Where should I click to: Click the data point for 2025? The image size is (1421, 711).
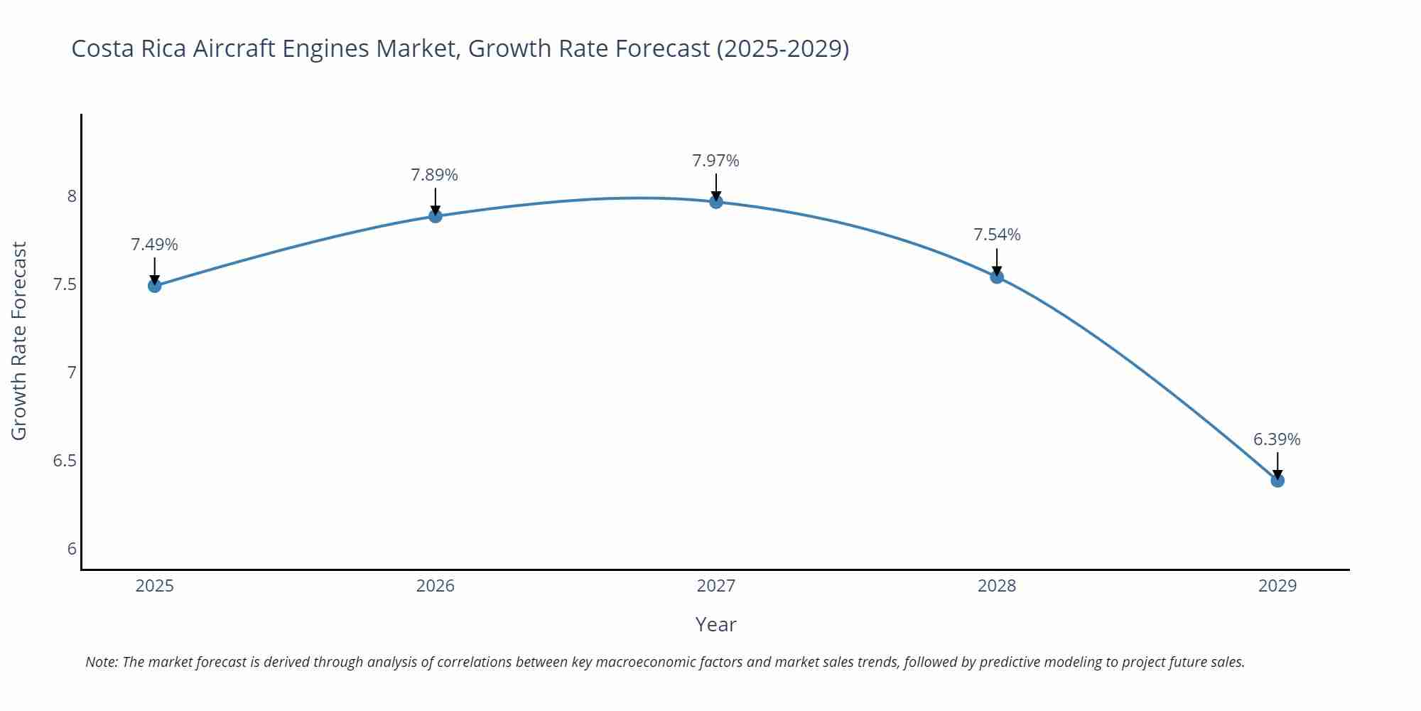coord(154,286)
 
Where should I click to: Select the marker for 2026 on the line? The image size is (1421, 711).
coord(436,215)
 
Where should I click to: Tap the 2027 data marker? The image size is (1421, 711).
coord(716,202)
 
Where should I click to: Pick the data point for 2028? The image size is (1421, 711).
coord(997,277)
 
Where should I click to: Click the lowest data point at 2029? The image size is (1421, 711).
coord(1277,481)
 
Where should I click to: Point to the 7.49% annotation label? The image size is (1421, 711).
coord(154,245)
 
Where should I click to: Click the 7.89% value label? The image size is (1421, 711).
coord(434,175)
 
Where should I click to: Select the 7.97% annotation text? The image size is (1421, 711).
coord(715,161)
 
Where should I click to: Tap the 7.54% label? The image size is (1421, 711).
coord(997,235)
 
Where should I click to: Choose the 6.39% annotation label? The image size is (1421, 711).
coord(1277,439)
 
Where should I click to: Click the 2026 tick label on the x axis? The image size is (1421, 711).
coord(435,586)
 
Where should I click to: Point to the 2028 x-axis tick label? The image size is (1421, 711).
coord(997,586)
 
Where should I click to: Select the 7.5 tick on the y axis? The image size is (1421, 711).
coord(65,284)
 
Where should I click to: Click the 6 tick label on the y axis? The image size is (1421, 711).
coord(72,548)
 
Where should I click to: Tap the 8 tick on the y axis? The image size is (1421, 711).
coord(72,196)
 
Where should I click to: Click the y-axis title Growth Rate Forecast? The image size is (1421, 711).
coord(19,341)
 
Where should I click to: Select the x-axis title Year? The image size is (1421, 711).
coord(715,624)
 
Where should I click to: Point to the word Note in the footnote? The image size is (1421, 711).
coord(101,662)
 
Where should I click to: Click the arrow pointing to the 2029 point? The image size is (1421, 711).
coord(1277,465)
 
